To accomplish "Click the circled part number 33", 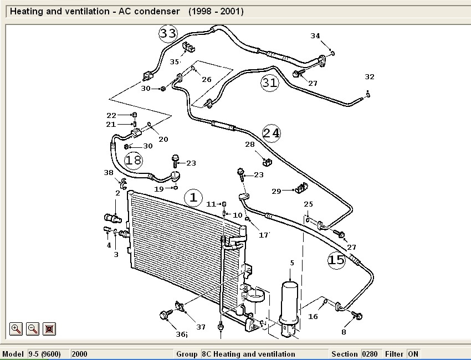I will coord(168,33).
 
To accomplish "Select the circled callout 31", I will coord(269,83).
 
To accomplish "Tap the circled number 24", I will coord(272,133).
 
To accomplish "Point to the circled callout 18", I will coord(134,161).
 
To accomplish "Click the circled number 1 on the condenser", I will coord(193,197).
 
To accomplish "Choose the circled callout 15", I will coord(336,260).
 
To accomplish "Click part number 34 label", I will coord(315,36).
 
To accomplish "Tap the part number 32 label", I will coord(370,77).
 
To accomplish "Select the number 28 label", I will coord(250,145).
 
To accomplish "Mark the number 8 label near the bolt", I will coord(344,332).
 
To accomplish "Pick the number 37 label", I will coord(201,327).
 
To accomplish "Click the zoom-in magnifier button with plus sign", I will coord(16,328).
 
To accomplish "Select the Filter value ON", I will coord(413,354).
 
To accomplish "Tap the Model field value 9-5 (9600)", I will coord(48,354).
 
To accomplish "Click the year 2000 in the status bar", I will coord(80,354).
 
